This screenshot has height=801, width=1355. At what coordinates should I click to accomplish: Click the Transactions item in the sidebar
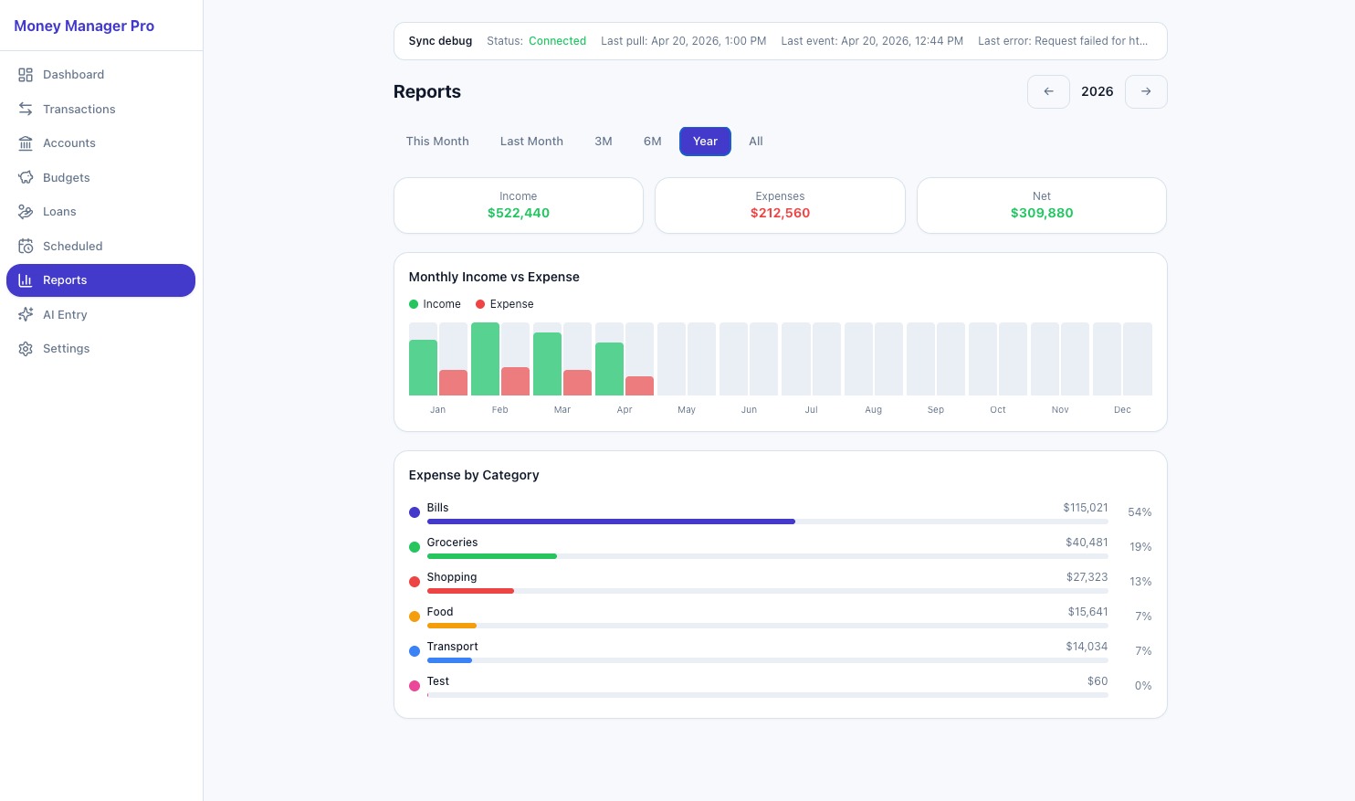pyautogui.click(x=79, y=109)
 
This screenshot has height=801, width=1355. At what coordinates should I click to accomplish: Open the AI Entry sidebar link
pyautogui.click(x=65, y=314)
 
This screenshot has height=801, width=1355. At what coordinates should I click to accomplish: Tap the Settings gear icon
pyautogui.click(x=26, y=349)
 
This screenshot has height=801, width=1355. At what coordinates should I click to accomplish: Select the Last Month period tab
pyautogui.click(x=531, y=142)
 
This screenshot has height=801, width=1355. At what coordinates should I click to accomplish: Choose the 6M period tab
pyautogui.click(x=652, y=142)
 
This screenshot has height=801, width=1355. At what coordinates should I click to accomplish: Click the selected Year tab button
pyautogui.click(x=705, y=142)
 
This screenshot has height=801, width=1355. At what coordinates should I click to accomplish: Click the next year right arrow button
pyautogui.click(x=1146, y=91)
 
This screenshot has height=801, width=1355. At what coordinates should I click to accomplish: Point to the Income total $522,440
pyautogui.click(x=519, y=213)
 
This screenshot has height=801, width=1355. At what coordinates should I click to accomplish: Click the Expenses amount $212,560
pyautogui.click(x=780, y=213)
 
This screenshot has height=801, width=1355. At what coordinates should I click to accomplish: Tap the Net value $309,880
pyautogui.click(x=1042, y=213)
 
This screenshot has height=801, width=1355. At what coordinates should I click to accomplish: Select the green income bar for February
pyautogui.click(x=485, y=359)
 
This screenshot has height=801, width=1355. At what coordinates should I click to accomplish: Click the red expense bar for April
pyautogui.click(x=639, y=385)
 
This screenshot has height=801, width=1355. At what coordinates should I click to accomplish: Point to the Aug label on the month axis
pyautogui.click(x=873, y=410)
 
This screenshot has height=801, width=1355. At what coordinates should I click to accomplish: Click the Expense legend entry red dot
pyautogui.click(x=480, y=304)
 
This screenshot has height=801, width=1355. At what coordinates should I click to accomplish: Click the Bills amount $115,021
pyautogui.click(x=1085, y=508)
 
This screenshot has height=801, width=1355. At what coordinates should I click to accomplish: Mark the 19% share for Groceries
pyautogui.click(x=1140, y=547)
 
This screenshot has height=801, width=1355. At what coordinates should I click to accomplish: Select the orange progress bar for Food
pyautogui.click(x=451, y=626)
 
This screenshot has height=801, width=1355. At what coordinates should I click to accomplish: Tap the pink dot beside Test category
pyautogui.click(x=415, y=686)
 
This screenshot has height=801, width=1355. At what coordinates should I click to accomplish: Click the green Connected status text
pyautogui.click(x=557, y=41)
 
